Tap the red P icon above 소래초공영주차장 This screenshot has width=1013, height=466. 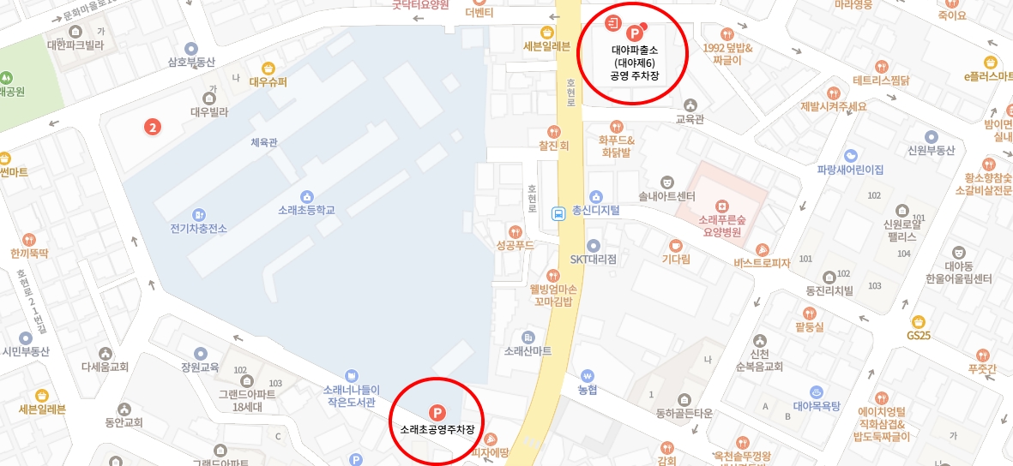point(437,412)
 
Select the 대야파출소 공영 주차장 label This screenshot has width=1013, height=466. point(635,63)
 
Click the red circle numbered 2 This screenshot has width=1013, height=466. point(153,128)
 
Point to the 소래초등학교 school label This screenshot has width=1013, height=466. point(306,210)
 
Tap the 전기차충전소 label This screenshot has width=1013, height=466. point(199,228)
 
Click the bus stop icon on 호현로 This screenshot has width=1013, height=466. point(558,214)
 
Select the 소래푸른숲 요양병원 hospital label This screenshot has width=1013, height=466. point(721,225)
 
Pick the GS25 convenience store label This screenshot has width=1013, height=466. point(918,335)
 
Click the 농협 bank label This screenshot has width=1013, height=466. point(588,389)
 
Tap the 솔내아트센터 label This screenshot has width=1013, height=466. point(666,196)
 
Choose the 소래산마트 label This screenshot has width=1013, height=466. point(528,350)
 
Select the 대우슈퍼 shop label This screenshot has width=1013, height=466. point(268,82)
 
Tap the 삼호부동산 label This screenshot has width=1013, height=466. point(190,62)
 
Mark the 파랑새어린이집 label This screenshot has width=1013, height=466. point(850,169)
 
